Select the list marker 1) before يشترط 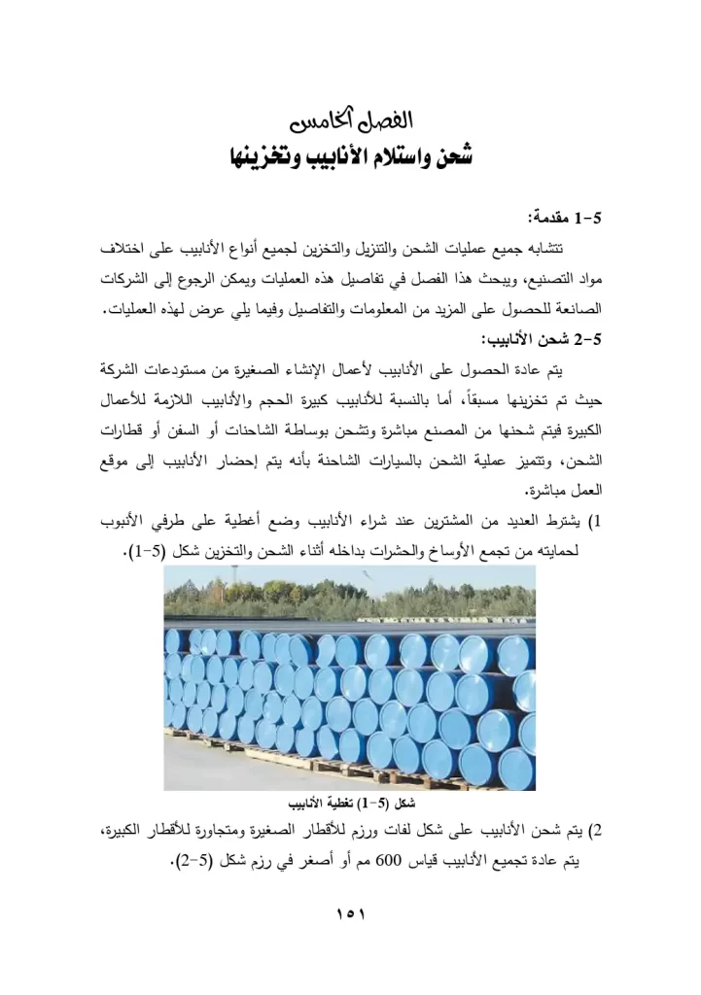point(597,525)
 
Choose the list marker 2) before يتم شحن point(597,831)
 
